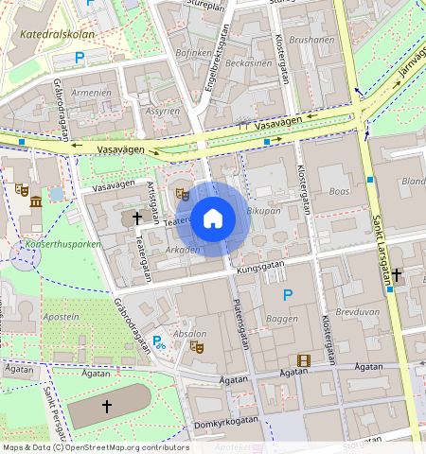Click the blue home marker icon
click(213, 219)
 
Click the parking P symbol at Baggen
click(288, 296)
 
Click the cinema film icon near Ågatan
click(303, 359)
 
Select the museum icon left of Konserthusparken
click(35, 202)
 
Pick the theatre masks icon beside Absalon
click(197, 346)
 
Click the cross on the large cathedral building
click(106, 406)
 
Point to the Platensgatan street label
click(240, 323)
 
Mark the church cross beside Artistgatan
click(137, 218)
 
